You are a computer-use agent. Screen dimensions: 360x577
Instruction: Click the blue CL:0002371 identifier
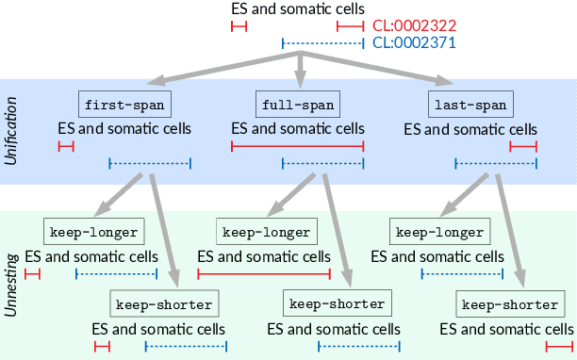(x=412, y=43)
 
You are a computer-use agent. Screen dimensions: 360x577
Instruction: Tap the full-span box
(x=297, y=103)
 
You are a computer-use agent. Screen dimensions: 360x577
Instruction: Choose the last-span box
(x=470, y=103)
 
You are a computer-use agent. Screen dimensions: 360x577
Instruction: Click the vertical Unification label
(x=11, y=133)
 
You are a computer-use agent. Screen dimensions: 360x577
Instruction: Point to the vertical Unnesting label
(x=11, y=282)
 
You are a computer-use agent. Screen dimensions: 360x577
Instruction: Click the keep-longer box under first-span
(x=91, y=231)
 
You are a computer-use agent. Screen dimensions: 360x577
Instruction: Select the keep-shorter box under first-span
(x=162, y=304)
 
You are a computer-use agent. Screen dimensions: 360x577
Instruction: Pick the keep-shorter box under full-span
(x=337, y=304)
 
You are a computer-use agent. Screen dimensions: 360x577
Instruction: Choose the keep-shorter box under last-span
(x=508, y=304)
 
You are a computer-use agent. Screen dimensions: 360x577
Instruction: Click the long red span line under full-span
(x=297, y=146)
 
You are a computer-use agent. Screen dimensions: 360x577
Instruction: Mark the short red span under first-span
(x=65, y=146)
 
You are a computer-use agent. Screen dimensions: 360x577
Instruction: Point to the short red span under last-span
(x=522, y=146)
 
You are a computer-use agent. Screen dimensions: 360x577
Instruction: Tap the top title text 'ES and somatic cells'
(x=297, y=10)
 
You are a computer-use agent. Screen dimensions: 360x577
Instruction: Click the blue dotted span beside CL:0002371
(x=322, y=43)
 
